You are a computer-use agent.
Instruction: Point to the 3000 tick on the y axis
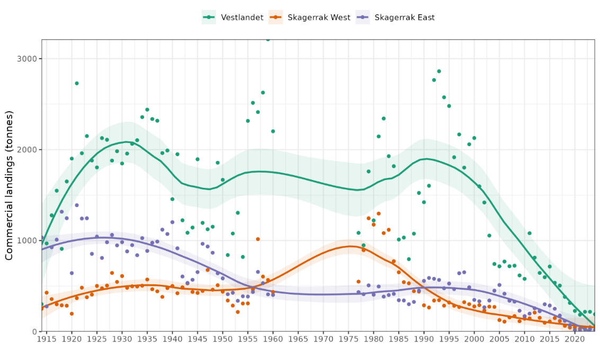tap(27, 59)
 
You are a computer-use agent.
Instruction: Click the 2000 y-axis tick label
tap(27, 150)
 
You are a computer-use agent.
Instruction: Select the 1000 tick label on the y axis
tap(27, 241)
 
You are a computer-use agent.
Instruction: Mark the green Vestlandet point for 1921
tap(77, 83)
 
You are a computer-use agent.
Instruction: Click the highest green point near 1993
tap(438, 71)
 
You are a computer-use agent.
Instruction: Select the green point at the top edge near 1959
tap(268, 40)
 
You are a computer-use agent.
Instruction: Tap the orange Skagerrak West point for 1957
tap(258, 239)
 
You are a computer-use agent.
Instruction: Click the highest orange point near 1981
tap(379, 213)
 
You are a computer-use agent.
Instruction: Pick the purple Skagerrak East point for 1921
tap(77, 205)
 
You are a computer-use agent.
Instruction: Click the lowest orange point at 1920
tap(71, 313)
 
